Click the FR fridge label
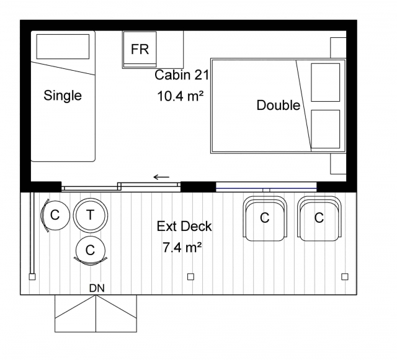(140, 49)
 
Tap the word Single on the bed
(63, 96)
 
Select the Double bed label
(279, 105)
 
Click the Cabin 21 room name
(182, 75)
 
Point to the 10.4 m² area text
(180, 96)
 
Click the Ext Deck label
(184, 226)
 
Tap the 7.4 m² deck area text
(182, 247)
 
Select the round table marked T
(91, 215)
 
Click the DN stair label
(97, 288)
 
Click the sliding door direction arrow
(161, 177)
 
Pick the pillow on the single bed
(63, 47)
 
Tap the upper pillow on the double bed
(325, 83)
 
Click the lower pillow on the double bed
(325, 129)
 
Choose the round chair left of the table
(55, 215)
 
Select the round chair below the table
(91, 251)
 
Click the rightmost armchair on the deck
(319, 218)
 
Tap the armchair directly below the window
(265, 218)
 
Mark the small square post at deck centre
(190, 277)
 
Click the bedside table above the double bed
(338, 48)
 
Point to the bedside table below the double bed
(338, 164)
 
